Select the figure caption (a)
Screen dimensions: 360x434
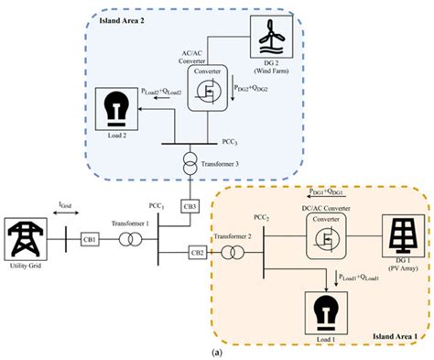(215, 352)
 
